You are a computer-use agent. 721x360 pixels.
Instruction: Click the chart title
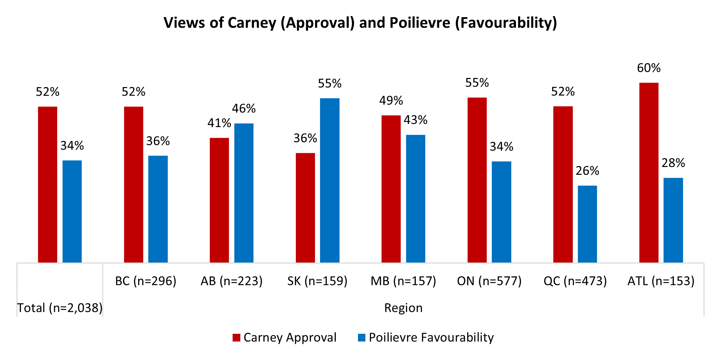point(360,23)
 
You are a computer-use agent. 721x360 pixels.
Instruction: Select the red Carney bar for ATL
point(649,172)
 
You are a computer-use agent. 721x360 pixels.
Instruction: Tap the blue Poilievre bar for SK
point(329,180)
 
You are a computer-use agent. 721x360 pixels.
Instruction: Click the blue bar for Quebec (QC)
point(587,224)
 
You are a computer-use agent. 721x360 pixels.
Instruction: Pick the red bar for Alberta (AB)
point(219,200)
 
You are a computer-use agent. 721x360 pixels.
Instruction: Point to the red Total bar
point(47,185)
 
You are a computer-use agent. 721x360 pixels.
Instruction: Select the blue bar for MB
point(415,198)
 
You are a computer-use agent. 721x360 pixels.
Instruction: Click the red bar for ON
point(477,180)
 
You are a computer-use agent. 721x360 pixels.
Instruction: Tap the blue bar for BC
point(158,209)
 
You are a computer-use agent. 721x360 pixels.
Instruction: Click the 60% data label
point(649,68)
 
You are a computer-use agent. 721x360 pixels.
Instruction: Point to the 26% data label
point(587,171)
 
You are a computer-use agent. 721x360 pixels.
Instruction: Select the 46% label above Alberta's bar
point(244,109)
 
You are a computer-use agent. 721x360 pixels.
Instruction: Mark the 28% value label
point(673,163)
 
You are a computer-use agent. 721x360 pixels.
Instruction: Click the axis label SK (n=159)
point(317,281)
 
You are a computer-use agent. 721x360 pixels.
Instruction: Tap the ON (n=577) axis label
point(489,281)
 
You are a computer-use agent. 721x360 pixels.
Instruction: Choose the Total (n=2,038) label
point(60,308)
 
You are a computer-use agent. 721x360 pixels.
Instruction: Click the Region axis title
point(403,308)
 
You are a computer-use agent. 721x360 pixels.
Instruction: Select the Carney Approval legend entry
point(284,337)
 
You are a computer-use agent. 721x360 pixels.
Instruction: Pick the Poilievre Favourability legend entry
point(426,337)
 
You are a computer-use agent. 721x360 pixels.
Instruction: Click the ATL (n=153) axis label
point(661,281)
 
